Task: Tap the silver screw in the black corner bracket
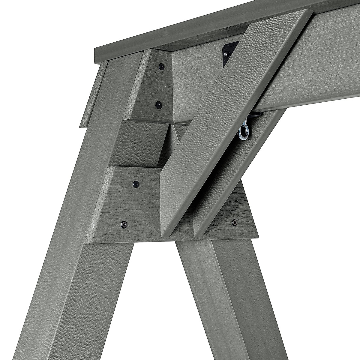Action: point(227,54)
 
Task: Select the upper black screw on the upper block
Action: point(162,66)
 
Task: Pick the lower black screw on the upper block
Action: point(158,105)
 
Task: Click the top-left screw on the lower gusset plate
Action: point(136,184)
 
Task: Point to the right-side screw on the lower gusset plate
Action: point(234,222)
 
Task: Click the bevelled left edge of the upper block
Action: point(135,84)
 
